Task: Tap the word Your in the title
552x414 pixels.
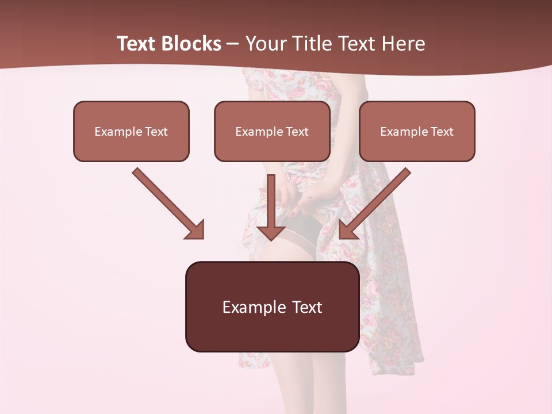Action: coord(263,44)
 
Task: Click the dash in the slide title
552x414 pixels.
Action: coord(233,44)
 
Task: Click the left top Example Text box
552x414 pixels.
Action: coord(131,131)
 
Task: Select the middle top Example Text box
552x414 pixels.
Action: coord(272,131)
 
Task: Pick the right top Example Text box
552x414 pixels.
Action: coord(417,131)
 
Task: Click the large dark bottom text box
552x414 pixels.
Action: coord(272,306)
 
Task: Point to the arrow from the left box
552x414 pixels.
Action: coord(167,202)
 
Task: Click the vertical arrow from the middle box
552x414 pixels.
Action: coord(271,207)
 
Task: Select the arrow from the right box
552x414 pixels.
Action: coord(376,202)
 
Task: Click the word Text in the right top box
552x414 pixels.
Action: coord(442,132)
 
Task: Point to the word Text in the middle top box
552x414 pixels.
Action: coord(297,132)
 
